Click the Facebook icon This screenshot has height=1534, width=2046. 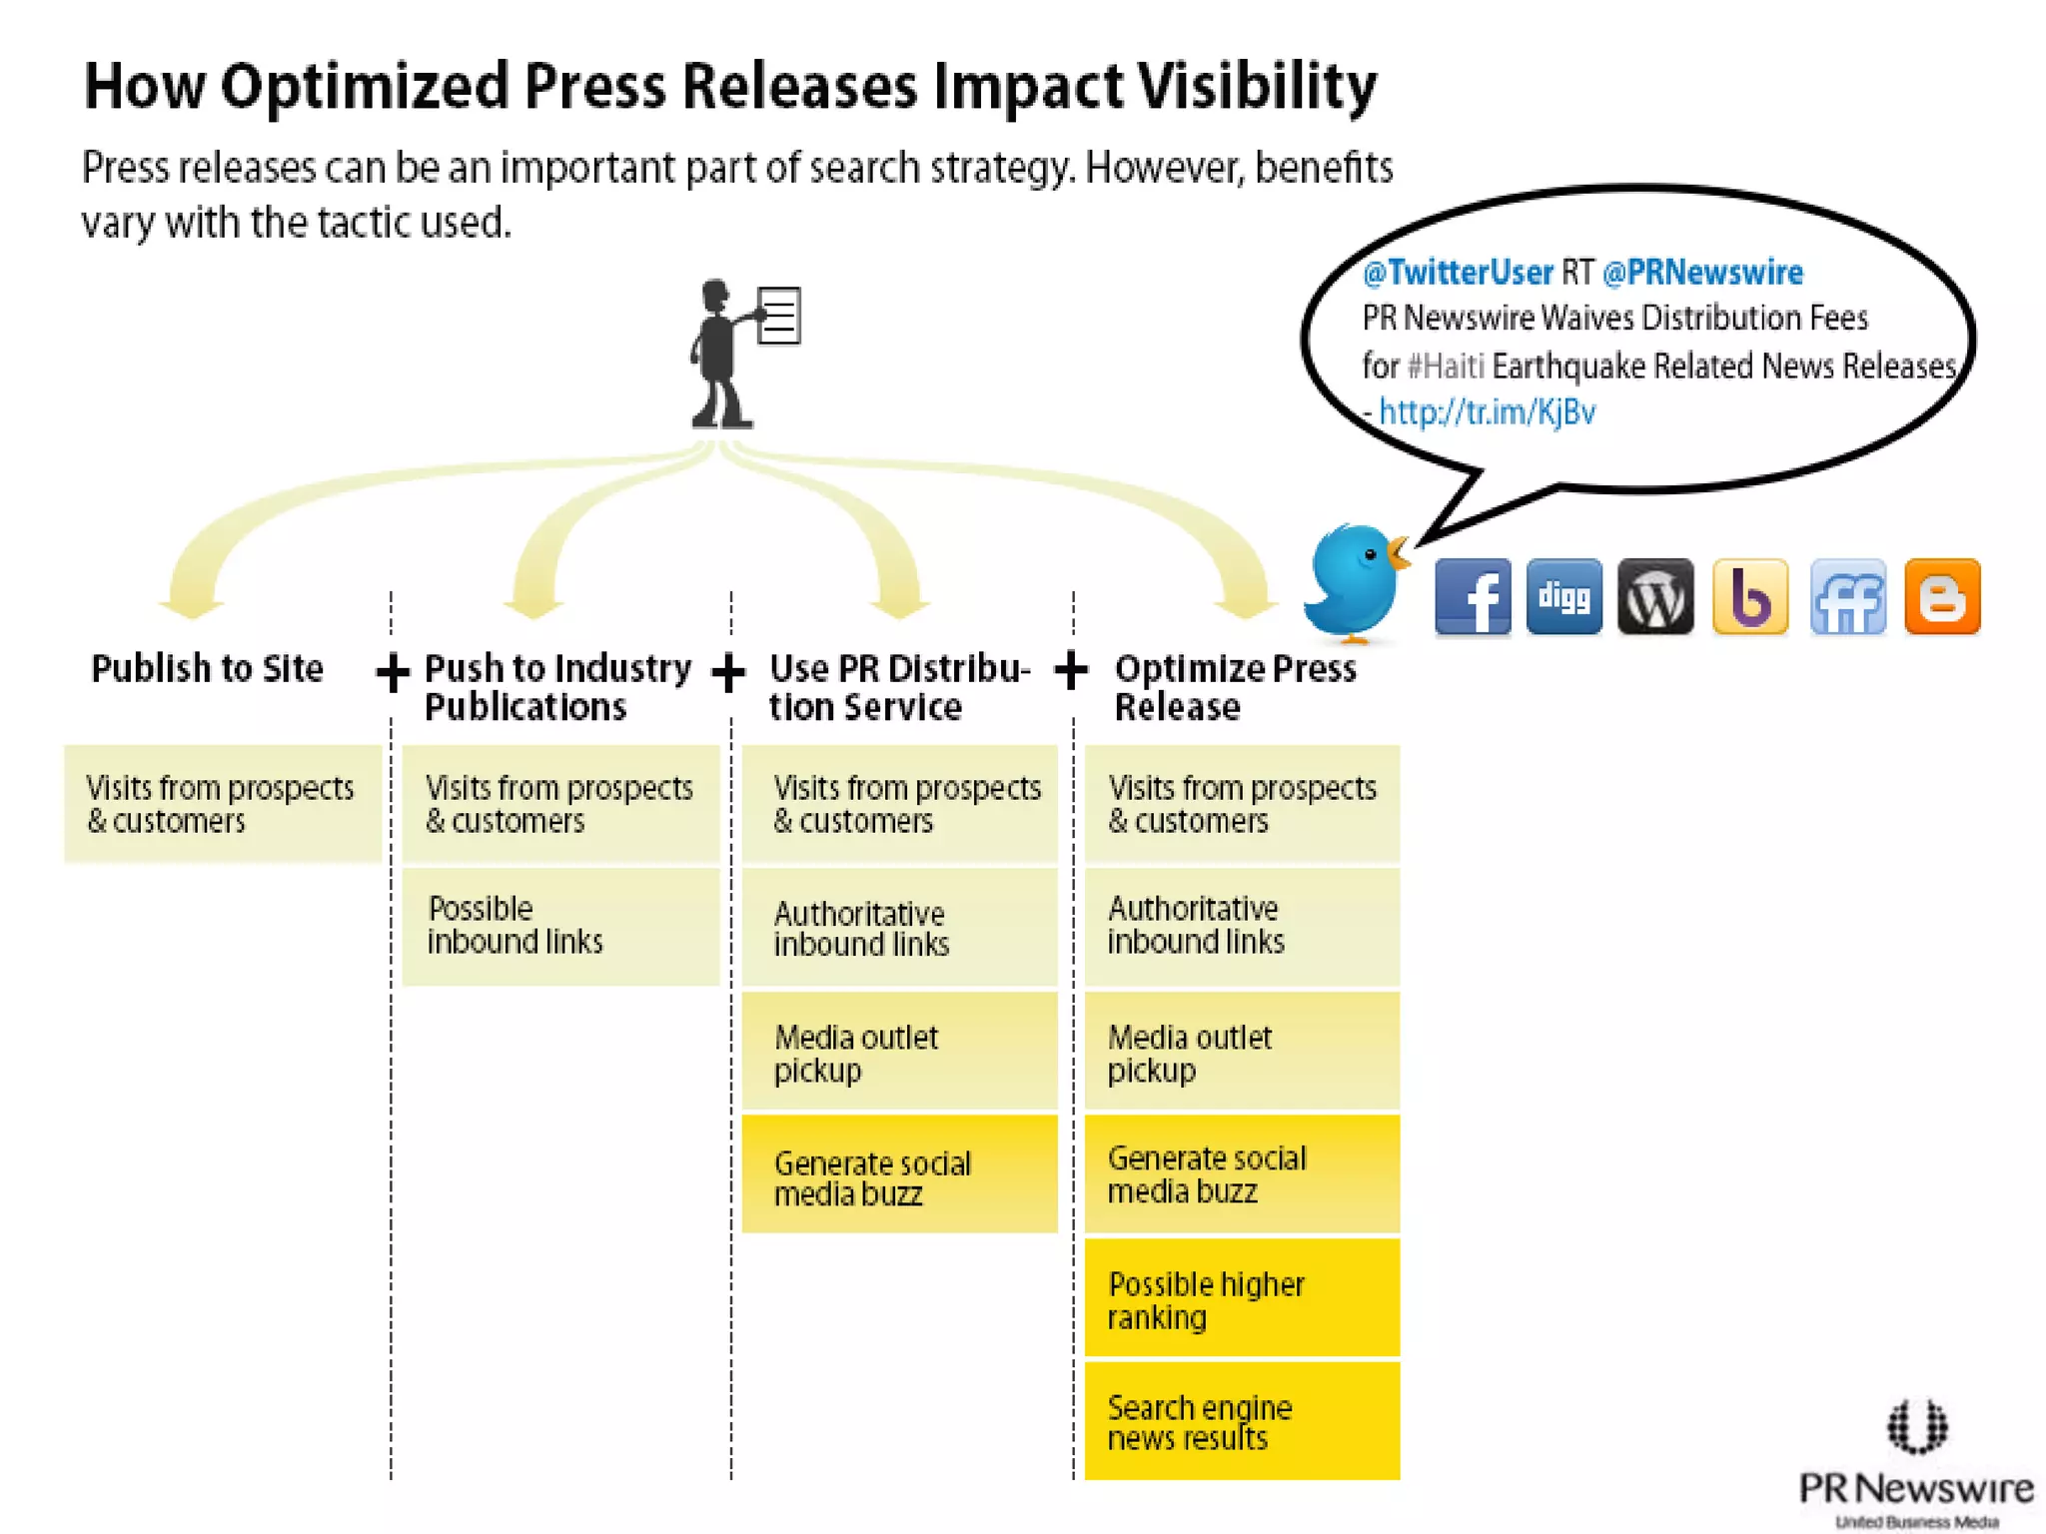1473,597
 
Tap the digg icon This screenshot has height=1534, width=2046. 1563,597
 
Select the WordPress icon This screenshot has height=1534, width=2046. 1655,597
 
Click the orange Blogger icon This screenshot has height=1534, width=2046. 1942,597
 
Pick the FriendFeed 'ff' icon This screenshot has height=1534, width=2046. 1847,597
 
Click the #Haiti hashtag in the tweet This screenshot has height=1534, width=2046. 1446,366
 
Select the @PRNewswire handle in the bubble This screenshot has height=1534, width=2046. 1702,272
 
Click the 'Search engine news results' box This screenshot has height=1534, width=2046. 1242,1421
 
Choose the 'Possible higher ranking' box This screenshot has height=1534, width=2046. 1242,1298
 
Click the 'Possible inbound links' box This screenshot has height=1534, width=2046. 560,926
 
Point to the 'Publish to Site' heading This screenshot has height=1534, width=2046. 207,668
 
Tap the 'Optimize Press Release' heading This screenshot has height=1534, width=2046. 1235,687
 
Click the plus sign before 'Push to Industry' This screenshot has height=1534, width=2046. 393,671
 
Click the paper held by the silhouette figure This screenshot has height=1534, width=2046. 778,316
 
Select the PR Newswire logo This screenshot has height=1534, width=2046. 1916,1463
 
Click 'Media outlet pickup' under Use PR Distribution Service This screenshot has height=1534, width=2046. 899,1052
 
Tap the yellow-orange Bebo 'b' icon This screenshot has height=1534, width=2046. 1749,597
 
